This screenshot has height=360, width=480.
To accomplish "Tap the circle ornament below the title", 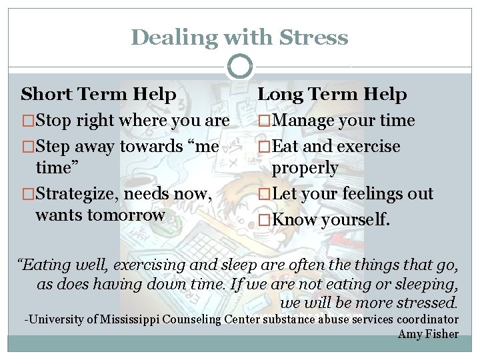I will [x=240, y=67].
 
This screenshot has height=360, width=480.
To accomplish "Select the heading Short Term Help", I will [x=99, y=95].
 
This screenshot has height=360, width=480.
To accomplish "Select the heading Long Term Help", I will [x=332, y=95].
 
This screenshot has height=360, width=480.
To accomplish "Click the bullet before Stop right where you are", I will [x=28, y=121].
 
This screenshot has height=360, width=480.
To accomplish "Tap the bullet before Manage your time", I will [x=265, y=121].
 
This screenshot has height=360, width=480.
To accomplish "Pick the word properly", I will [x=305, y=167].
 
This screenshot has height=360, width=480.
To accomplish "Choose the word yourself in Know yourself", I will [x=357, y=219].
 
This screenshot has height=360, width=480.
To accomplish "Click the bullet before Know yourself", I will [x=265, y=219].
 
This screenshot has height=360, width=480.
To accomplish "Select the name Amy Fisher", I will [x=428, y=334].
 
